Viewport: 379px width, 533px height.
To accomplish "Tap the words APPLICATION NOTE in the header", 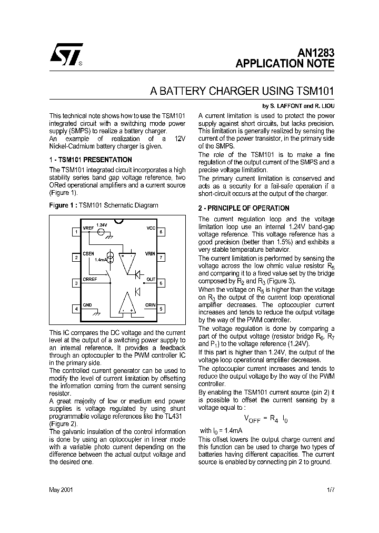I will pyautogui.click(x=285, y=64).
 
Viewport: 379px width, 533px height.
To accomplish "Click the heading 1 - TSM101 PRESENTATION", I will pyautogui.click(x=91, y=160).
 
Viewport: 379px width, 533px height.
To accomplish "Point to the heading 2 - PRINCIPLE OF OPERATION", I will pyautogui.click(x=243, y=208).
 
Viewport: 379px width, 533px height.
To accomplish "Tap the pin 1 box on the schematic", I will pyautogui.click(x=76, y=232).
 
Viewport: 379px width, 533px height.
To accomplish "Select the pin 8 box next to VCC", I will pyautogui.click(x=162, y=232).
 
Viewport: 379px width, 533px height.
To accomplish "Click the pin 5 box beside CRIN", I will pyautogui.click(x=162, y=309).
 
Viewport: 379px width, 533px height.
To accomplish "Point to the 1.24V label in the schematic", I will pyautogui.click(x=102, y=225).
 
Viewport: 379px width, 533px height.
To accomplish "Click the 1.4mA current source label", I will pyautogui.click(x=101, y=260).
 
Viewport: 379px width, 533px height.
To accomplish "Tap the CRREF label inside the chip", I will pyautogui.click(x=90, y=279).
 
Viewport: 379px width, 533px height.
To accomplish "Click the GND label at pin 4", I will pyautogui.click(x=87, y=305).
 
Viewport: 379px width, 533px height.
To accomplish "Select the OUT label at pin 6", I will pyautogui.click(x=151, y=279).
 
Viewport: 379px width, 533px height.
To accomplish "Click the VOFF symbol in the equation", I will pyautogui.click(x=252, y=419).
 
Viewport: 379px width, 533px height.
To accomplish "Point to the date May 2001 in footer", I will pyautogui.click(x=61, y=489).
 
